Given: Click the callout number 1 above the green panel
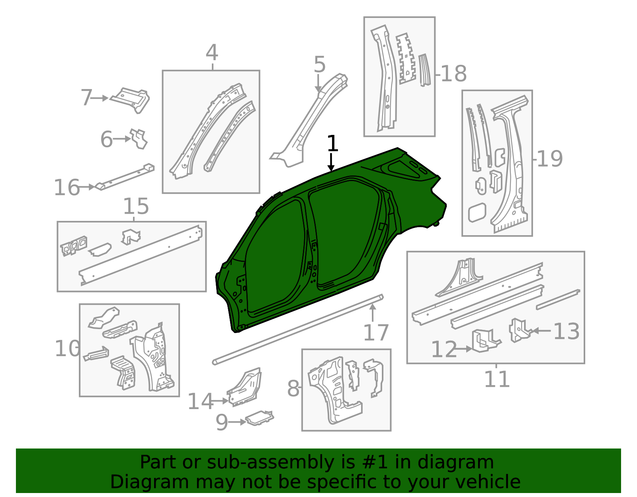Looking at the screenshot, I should (332, 144).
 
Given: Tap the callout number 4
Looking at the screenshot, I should (212, 53).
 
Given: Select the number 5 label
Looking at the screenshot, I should (319, 65).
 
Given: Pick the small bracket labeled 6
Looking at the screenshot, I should (139, 138).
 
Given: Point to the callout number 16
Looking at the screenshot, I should (67, 188).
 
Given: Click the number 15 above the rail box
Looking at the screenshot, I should (136, 207).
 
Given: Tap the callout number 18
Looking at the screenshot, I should (454, 74).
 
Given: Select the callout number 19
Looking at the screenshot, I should (550, 159).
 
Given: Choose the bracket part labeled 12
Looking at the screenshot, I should (485, 341).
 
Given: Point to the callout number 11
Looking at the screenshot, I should (496, 379).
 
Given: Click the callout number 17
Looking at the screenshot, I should (375, 333).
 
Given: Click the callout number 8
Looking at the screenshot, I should (293, 389).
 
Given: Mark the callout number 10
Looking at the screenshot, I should (67, 349).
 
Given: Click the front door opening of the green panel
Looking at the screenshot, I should (275, 259).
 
